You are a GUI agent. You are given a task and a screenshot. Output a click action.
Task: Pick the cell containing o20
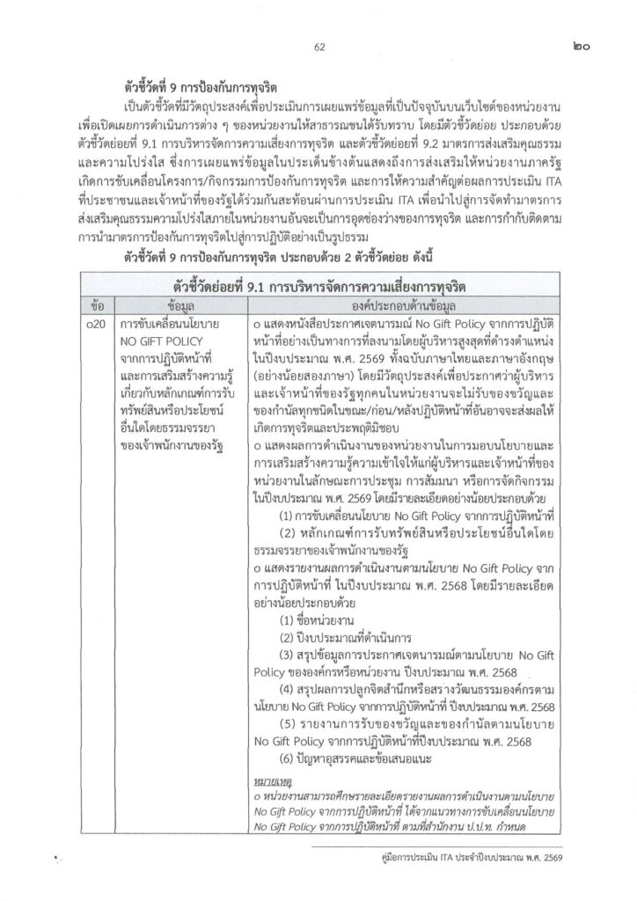point(98,326)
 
